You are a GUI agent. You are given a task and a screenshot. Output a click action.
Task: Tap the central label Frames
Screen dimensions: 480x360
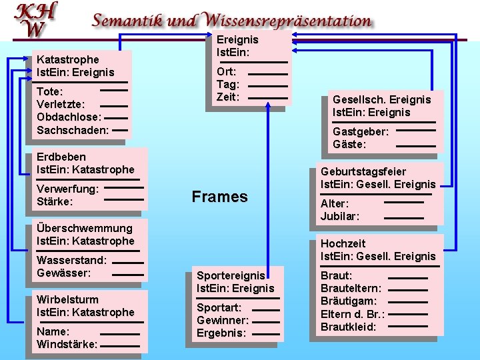click(x=219, y=196)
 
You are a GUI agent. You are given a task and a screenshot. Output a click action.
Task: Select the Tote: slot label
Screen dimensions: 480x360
click(x=50, y=91)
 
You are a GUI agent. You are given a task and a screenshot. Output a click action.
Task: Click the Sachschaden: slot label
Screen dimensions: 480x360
click(x=73, y=130)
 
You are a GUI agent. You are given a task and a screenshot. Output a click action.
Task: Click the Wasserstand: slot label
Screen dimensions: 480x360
click(x=71, y=260)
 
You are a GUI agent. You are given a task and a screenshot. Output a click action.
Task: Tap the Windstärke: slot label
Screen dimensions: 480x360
click(x=67, y=344)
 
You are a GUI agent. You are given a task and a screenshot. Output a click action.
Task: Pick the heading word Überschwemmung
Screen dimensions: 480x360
click(x=75, y=228)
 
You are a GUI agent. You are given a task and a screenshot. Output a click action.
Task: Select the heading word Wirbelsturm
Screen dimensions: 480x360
click(x=67, y=299)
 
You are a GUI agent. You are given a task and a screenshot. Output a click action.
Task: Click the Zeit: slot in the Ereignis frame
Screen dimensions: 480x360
click(x=228, y=97)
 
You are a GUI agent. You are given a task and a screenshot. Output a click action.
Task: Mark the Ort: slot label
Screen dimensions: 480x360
click(x=225, y=71)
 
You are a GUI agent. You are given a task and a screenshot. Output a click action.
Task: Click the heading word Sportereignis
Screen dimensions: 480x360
click(x=231, y=275)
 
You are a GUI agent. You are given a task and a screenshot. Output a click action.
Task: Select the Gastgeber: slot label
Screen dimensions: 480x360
click(x=361, y=131)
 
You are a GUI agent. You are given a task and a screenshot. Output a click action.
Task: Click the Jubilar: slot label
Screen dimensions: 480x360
click(x=340, y=216)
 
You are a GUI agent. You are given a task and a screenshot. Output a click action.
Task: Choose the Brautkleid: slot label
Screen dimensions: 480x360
click(x=349, y=327)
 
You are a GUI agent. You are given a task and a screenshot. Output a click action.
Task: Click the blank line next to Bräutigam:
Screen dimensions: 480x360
click(x=407, y=301)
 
